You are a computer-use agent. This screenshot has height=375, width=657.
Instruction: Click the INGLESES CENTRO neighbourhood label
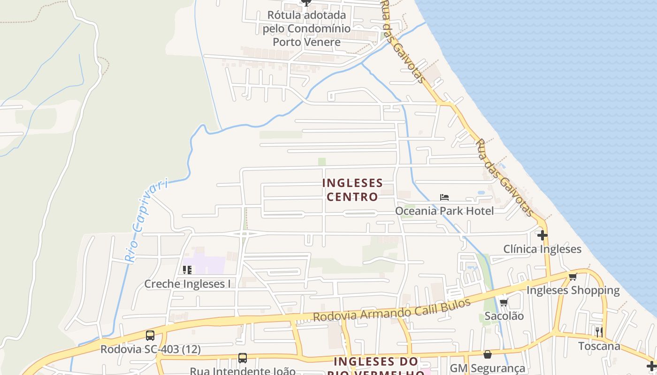pyautogui.click(x=352, y=189)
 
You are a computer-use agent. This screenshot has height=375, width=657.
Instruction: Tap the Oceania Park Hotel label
pyautogui.click(x=444, y=211)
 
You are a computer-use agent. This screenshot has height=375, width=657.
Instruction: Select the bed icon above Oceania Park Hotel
pyautogui.click(x=444, y=197)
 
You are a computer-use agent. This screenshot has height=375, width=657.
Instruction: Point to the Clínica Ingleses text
pyautogui.click(x=542, y=249)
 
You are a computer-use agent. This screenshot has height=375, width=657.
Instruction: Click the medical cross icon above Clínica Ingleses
pyautogui.click(x=542, y=234)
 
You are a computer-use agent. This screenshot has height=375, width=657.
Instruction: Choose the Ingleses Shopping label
pyautogui.click(x=573, y=290)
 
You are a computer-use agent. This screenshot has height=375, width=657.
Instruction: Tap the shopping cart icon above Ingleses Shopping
pyautogui.click(x=573, y=277)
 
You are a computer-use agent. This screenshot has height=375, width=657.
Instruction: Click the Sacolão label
pyautogui.click(x=504, y=316)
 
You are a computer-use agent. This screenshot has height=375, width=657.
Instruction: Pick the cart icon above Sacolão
pyautogui.click(x=504, y=302)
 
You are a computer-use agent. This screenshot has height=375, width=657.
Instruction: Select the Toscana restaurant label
pyautogui.click(x=599, y=346)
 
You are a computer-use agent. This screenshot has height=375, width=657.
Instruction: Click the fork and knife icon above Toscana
pyautogui.click(x=599, y=332)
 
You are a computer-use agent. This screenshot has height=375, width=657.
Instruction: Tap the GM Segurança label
pyautogui.click(x=487, y=368)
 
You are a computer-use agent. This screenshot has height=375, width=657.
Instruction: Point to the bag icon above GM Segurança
pyautogui.click(x=488, y=354)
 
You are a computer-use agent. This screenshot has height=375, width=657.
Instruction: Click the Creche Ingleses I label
pyautogui.click(x=187, y=284)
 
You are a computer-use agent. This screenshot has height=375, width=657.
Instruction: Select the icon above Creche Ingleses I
pyautogui.click(x=187, y=270)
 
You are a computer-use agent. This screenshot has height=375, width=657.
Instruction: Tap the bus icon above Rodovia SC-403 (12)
pyautogui.click(x=150, y=336)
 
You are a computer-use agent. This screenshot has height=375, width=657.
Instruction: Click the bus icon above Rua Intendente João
pyautogui.click(x=242, y=358)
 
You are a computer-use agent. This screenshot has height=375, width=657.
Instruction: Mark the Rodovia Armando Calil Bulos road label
pyautogui.click(x=391, y=311)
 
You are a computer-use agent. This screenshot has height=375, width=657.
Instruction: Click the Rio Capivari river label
pyautogui.click(x=146, y=220)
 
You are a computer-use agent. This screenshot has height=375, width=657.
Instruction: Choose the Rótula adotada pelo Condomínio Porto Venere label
pyautogui.click(x=306, y=29)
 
